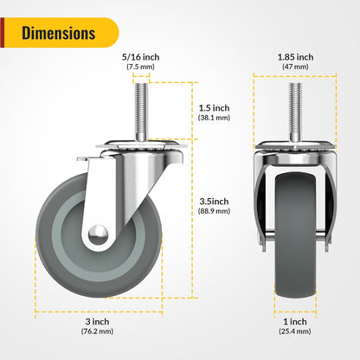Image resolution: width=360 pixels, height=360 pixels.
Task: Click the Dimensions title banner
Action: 59,34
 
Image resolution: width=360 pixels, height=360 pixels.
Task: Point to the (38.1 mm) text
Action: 213,118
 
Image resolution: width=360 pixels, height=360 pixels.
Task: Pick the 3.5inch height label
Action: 213,202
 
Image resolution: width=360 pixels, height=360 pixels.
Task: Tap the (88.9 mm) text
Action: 213,213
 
